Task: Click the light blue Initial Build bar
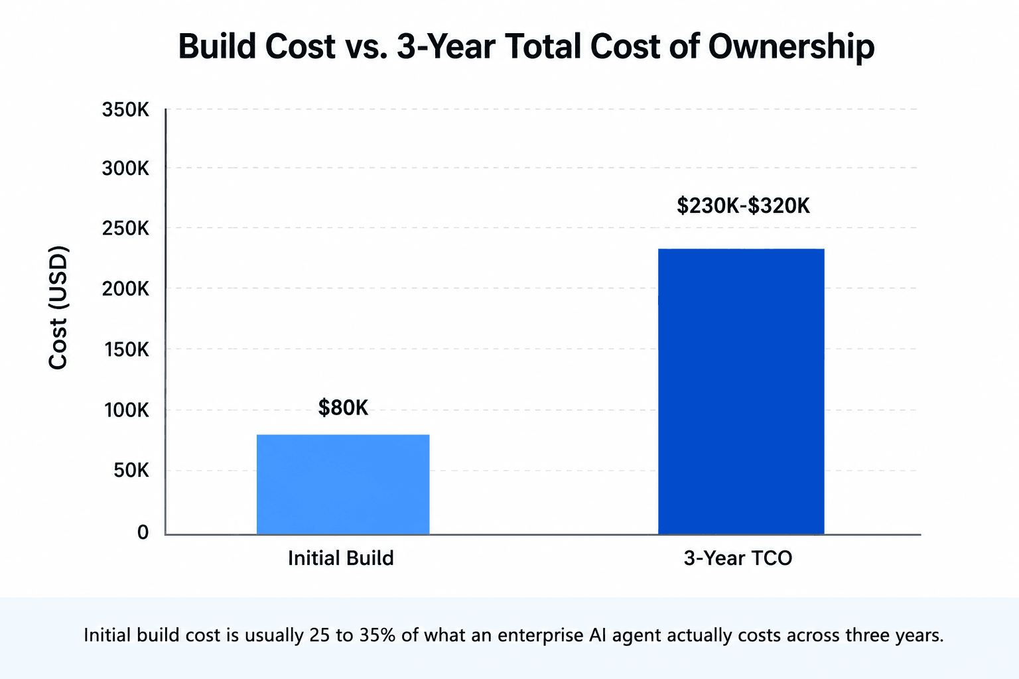pyautogui.click(x=343, y=484)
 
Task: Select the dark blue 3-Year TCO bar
pyautogui.click(x=741, y=392)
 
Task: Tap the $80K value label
pyautogui.click(x=343, y=408)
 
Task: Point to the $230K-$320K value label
pyautogui.click(x=743, y=206)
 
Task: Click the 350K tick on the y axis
pyautogui.click(x=125, y=109)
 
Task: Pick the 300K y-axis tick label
pyautogui.click(x=125, y=168)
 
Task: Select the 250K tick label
pyautogui.click(x=125, y=228)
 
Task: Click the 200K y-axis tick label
pyautogui.click(x=125, y=289)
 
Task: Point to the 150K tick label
pyautogui.click(x=127, y=349)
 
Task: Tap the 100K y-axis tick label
pyautogui.click(x=127, y=410)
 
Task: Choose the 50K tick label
pyautogui.click(x=131, y=470)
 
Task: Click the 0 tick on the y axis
pyautogui.click(x=143, y=532)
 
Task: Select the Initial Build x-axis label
pyautogui.click(x=341, y=558)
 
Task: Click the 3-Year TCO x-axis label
pyautogui.click(x=738, y=558)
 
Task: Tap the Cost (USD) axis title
pyautogui.click(x=58, y=308)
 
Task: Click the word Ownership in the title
pyautogui.click(x=791, y=47)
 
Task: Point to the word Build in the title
pyautogui.click(x=217, y=46)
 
